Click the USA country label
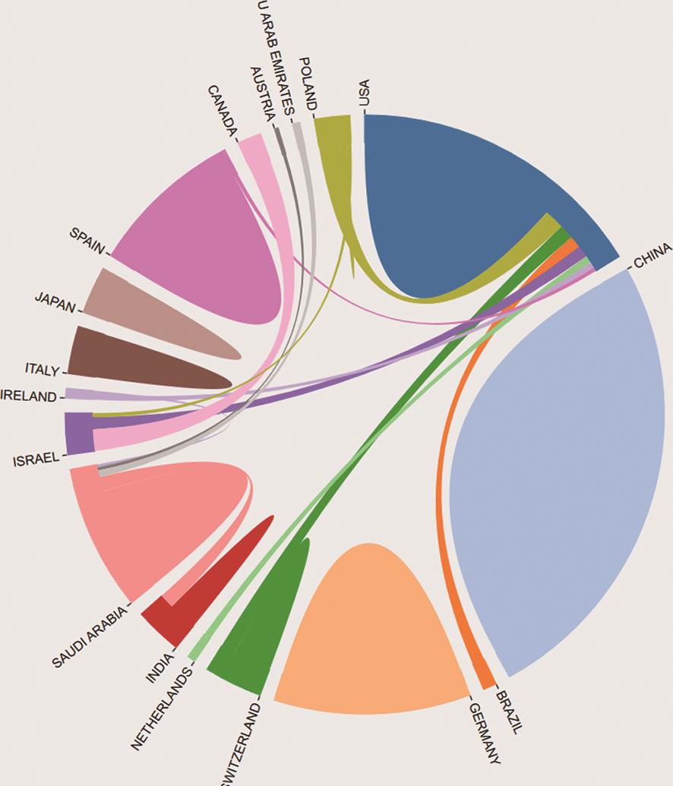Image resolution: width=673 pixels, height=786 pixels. (365, 93)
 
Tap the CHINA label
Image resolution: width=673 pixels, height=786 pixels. (652, 255)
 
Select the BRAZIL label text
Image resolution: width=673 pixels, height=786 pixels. (510, 711)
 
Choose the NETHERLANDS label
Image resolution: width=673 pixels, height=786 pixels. (162, 707)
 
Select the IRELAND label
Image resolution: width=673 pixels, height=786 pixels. (29, 396)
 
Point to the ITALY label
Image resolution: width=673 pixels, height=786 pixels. (42, 370)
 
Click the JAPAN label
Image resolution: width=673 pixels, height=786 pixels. (55, 301)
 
